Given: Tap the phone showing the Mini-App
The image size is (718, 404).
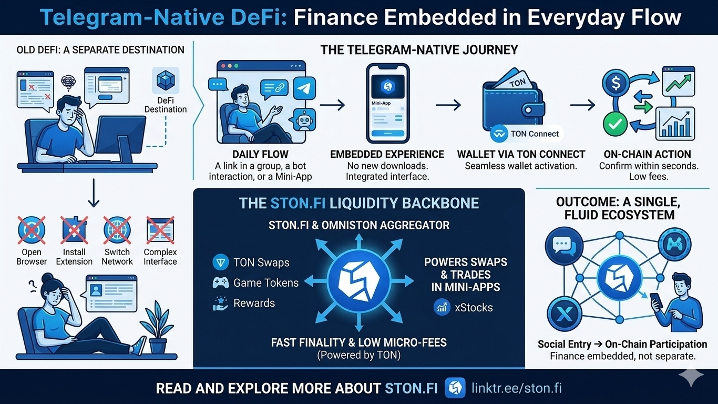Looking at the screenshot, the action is tap(388, 103).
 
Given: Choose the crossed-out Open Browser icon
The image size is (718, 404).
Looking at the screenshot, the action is tap(32, 230).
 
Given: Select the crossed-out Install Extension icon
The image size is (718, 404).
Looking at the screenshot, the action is tap(74, 230).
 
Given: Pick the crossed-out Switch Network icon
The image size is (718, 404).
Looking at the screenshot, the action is tap(117, 230).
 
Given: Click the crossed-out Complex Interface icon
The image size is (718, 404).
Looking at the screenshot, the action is tap(160, 230).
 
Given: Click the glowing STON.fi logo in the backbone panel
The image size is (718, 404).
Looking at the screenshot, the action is tap(359, 278).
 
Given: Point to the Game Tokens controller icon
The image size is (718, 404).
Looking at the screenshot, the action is tap(220, 282).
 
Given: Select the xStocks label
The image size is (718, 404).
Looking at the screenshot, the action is tap(474, 308).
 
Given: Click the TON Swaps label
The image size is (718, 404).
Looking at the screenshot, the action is tap(261, 262).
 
